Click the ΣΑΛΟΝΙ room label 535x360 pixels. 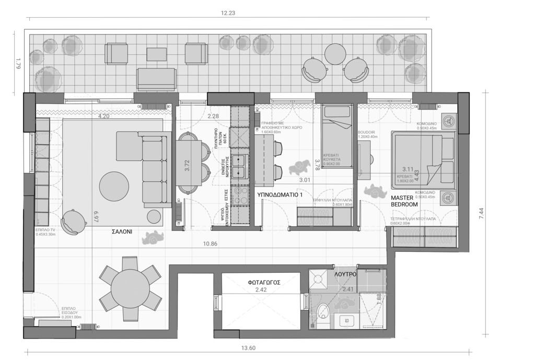pos(121,231)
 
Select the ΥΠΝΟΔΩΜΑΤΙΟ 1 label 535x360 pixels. pos(280,194)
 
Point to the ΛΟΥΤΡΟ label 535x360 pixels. pos(345,274)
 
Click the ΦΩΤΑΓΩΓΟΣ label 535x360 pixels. pos(264,282)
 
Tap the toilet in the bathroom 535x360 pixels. pos(323,311)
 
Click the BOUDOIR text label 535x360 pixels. pos(367,132)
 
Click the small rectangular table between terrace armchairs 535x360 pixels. pos(157,54)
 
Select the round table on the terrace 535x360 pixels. pos(334,53)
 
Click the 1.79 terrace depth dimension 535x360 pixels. pos(18,65)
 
